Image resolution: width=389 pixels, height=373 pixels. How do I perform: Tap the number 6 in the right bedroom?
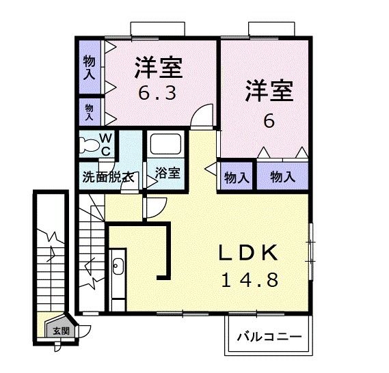pos(269,122)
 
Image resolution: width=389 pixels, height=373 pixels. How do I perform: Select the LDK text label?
pos(248,253)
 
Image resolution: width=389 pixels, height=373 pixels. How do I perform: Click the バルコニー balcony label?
pos(269,337)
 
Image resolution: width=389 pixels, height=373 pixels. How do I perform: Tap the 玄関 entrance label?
pos(61,331)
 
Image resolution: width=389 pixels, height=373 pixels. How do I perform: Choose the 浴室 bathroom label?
pos(167,173)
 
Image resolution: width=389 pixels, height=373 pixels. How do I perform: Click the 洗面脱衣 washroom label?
pos(108,176)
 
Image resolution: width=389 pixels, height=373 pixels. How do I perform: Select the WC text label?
pos(107,143)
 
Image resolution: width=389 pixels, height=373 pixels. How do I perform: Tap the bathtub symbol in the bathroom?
pos(164,146)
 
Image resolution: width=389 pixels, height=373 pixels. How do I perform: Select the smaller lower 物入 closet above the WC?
pos(89,110)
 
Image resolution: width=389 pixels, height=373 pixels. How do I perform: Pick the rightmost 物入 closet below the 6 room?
pos(282,177)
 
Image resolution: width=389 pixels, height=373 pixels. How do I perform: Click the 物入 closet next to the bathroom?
pos(236,178)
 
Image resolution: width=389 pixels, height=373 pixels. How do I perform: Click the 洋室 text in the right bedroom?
pos(269,91)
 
